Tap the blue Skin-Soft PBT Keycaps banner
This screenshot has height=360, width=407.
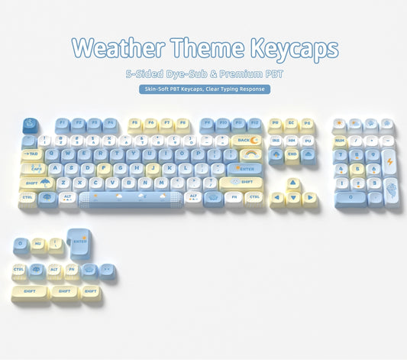pyautogui.click(x=205, y=89)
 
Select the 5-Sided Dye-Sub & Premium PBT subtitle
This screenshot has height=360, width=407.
pyautogui.click(x=204, y=73)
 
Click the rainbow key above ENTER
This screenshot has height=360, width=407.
pyautogui.click(x=250, y=154)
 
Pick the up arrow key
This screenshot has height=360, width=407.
pyautogui.click(x=293, y=183)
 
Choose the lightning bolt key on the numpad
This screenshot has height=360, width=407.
pyautogui.click(x=389, y=162)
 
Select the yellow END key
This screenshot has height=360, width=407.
pyautogui.click(x=292, y=154)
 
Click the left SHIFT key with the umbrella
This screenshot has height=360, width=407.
pyautogui.click(x=36, y=183)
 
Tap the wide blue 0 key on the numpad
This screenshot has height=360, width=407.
pyautogui.click(x=349, y=197)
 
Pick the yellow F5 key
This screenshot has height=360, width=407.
pyautogui.click(x=134, y=123)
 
